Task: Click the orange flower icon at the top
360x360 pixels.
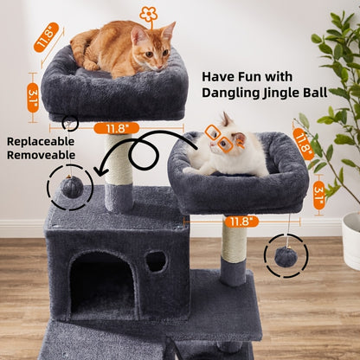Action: [x=149, y=15]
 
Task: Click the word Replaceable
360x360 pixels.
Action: [x=41, y=140]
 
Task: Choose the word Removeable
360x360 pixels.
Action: [x=41, y=155]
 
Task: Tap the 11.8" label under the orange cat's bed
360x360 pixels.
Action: [x=117, y=128]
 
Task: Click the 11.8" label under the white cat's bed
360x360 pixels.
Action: [x=241, y=222]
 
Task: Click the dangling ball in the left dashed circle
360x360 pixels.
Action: [x=70, y=187]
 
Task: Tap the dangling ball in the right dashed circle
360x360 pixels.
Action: [x=286, y=256]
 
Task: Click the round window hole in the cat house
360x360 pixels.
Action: [x=156, y=260]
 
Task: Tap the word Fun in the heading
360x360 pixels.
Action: [x=262, y=74]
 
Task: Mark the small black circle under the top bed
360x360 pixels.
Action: [x=70, y=123]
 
